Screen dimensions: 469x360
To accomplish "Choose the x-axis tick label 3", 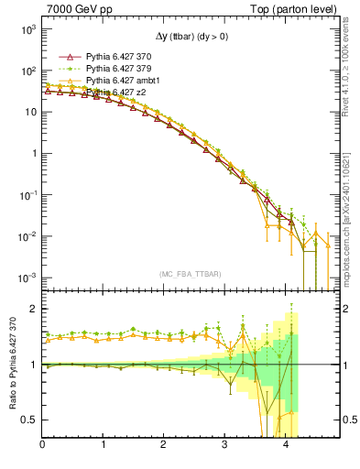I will pyautogui.click(x=224, y=446).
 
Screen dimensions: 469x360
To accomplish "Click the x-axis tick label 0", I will pyautogui.click(x=42, y=446).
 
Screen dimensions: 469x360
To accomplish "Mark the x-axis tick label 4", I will pyautogui.click(x=285, y=446).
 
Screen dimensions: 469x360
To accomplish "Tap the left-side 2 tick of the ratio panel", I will pyautogui.click(x=33, y=309).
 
